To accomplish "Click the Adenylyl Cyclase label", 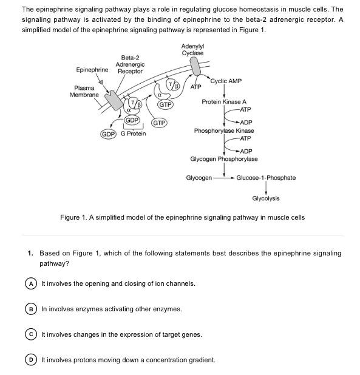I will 192,50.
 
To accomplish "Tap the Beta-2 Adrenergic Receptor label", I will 130,64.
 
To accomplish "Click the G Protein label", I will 133,133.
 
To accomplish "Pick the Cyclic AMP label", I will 226,81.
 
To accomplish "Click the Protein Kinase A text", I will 224,102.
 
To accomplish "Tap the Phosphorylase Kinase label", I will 224,130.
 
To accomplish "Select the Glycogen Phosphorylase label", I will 224,159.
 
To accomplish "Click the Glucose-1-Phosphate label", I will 266,178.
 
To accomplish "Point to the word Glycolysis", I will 266,198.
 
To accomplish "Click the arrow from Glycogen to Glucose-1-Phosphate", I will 223,178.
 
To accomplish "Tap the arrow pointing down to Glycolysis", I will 266,188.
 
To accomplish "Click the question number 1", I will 30,253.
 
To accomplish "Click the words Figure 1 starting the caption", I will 73,217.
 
